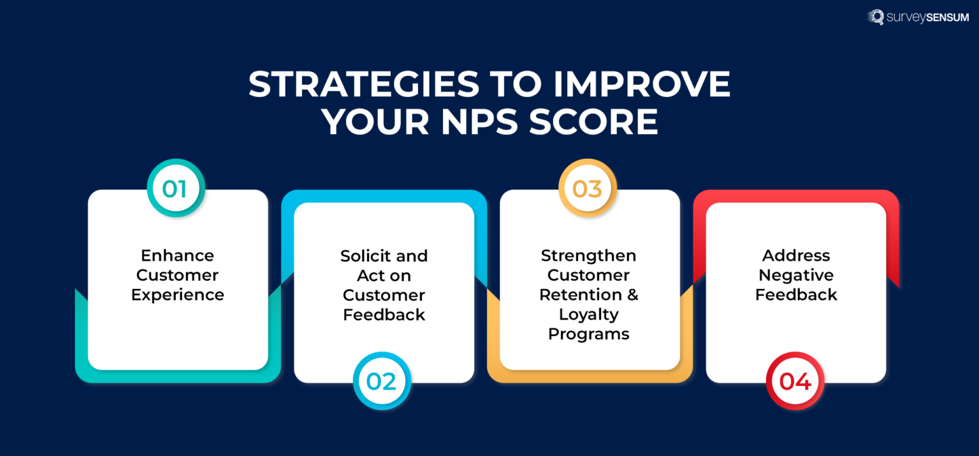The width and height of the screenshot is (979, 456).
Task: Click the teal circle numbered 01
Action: pos(175,189)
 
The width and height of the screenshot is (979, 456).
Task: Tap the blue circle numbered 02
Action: pos(382,381)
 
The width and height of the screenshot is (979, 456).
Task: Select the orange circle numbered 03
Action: pos(587,189)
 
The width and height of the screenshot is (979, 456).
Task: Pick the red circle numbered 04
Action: pos(795,381)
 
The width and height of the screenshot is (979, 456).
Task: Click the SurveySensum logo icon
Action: pos(876,17)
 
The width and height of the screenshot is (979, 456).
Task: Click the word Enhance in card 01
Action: pos(177,255)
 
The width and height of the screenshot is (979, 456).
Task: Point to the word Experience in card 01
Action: pos(177,295)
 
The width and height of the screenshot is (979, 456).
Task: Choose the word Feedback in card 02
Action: pos(384,315)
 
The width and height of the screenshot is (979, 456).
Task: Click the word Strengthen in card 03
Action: pos(588,255)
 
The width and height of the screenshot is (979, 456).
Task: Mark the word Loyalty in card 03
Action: pos(588,314)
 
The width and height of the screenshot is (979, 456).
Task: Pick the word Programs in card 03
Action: pos(588,334)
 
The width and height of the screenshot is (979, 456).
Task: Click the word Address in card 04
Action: pos(796,255)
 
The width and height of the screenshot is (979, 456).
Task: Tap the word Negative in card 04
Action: pos(796,275)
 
